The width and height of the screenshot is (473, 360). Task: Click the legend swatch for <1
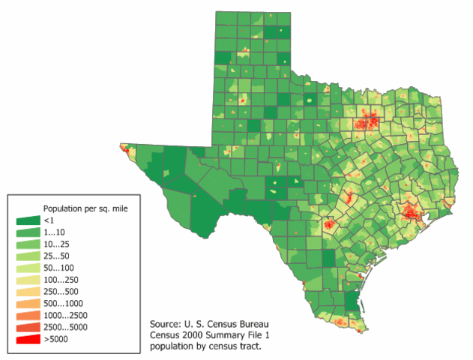tap(27, 220)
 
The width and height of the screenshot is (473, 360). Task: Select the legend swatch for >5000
tap(27, 340)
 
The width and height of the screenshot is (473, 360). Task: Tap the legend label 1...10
tap(55, 232)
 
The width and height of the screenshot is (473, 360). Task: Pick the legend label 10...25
tap(57, 244)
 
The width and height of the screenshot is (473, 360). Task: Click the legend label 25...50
tap(57, 256)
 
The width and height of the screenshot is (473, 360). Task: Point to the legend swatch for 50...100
tap(27, 268)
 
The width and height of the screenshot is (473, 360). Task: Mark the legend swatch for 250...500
tap(27, 292)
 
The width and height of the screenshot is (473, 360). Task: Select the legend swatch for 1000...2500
tap(27, 316)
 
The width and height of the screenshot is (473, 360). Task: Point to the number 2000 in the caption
tap(201, 335)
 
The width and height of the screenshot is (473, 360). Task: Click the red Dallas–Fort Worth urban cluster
tap(367, 120)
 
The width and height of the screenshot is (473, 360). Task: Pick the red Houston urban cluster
tap(409, 211)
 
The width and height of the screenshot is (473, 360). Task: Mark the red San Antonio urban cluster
tap(328, 223)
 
